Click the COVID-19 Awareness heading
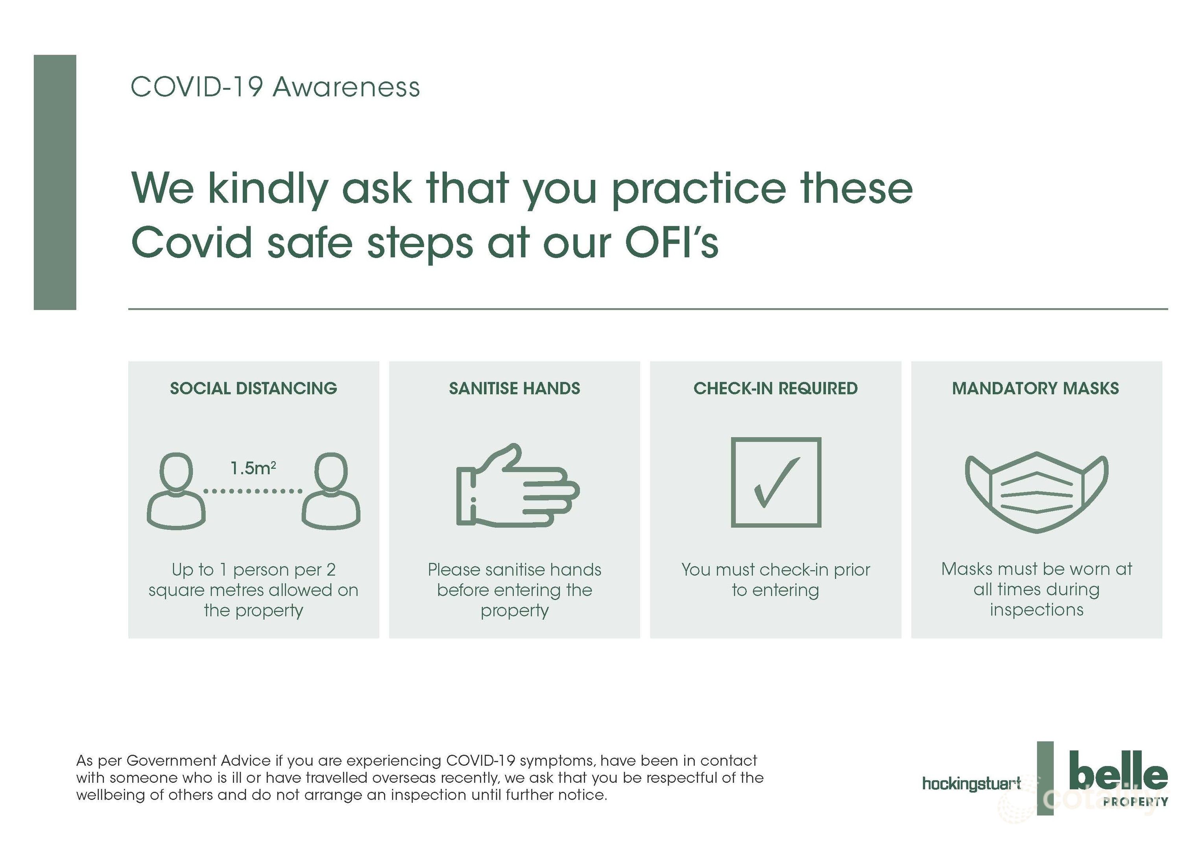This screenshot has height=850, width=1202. click(x=275, y=87)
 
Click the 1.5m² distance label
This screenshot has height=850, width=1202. click(x=253, y=468)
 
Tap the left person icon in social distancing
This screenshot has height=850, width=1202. click(x=176, y=491)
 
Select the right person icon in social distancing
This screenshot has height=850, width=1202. click(x=331, y=491)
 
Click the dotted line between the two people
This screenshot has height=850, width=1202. click(x=253, y=491)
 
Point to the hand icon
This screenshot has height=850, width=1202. click(x=518, y=485)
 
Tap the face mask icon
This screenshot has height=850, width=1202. click(x=1037, y=492)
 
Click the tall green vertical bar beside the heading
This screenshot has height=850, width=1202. click(x=55, y=182)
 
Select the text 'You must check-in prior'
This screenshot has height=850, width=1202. click(x=775, y=569)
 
